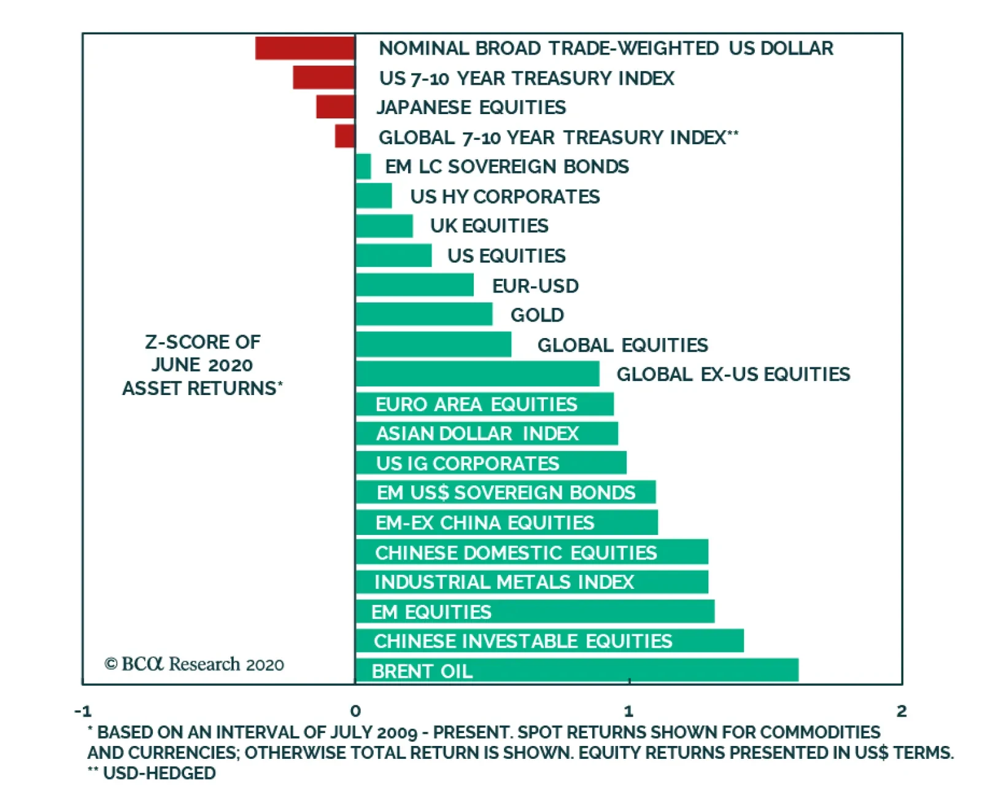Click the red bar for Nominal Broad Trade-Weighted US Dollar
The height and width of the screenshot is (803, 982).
(x=305, y=48)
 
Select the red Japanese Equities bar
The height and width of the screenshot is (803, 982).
(x=335, y=107)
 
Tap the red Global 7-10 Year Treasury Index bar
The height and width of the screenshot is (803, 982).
(x=345, y=136)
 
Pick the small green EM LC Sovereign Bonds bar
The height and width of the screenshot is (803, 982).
(x=363, y=166)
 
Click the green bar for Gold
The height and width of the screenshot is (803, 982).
(x=423, y=314)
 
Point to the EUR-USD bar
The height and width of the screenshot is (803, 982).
(x=414, y=285)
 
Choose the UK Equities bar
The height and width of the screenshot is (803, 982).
(x=384, y=226)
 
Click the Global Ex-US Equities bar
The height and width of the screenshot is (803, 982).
(x=477, y=374)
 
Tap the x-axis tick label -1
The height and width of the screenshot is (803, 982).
(x=83, y=711)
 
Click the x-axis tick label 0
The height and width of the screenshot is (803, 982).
(x=355, y=711)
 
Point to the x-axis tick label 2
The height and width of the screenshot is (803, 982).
(x=901, y=711)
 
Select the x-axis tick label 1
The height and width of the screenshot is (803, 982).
(x=628, y=711)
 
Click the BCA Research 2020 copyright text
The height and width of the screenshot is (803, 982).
(x=194, y=664)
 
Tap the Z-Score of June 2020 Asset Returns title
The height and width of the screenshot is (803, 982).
(x=202, y=365)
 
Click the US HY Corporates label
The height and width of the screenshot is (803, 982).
(x=505, y=196)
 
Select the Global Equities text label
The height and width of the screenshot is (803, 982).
(x=622, y=345)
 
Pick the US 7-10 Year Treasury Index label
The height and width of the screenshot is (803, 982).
(x=527, y=78)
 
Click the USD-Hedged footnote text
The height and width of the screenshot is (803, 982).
(x=152, y=773)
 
